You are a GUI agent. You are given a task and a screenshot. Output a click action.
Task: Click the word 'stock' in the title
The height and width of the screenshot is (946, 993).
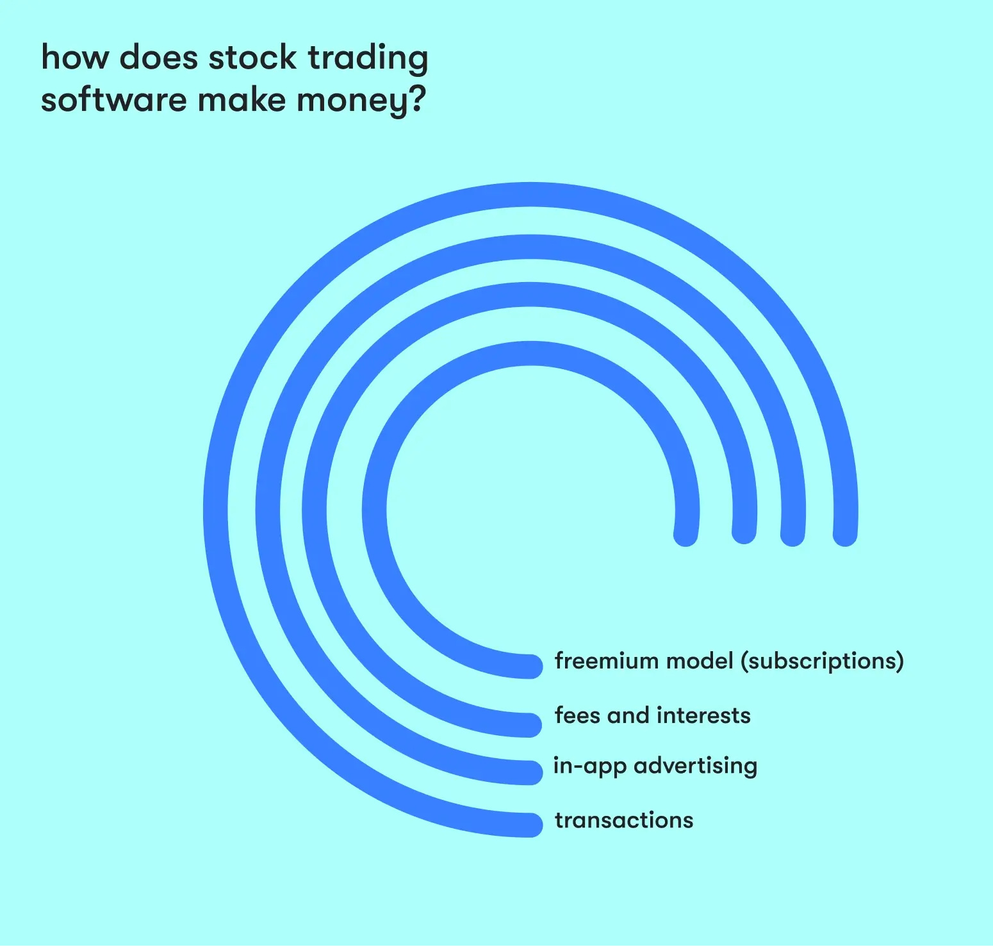(252, 58)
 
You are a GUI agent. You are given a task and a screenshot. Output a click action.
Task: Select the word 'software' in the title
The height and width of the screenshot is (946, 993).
(113, 100)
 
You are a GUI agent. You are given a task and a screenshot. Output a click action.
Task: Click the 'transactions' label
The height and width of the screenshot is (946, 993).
(624, 820)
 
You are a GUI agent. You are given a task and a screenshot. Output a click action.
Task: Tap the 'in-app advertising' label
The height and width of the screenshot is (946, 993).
(655, 767)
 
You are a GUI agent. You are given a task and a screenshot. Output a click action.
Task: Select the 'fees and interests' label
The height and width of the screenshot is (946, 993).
(653, 715)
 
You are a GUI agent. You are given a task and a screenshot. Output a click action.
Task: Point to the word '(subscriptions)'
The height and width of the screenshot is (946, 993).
(823, 662)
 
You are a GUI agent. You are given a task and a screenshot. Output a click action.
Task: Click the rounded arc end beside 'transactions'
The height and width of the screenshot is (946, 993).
(531, 825)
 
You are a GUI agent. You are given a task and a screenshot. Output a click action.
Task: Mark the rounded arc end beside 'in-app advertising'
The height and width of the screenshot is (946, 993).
(531, 773)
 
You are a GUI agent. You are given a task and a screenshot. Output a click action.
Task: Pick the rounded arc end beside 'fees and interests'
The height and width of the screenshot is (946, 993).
(531, 725)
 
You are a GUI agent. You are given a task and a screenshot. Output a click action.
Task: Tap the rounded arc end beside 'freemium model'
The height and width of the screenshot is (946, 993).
(531, 667)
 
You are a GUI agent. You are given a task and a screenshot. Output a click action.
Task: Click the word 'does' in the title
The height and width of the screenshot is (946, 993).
(159, 58)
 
